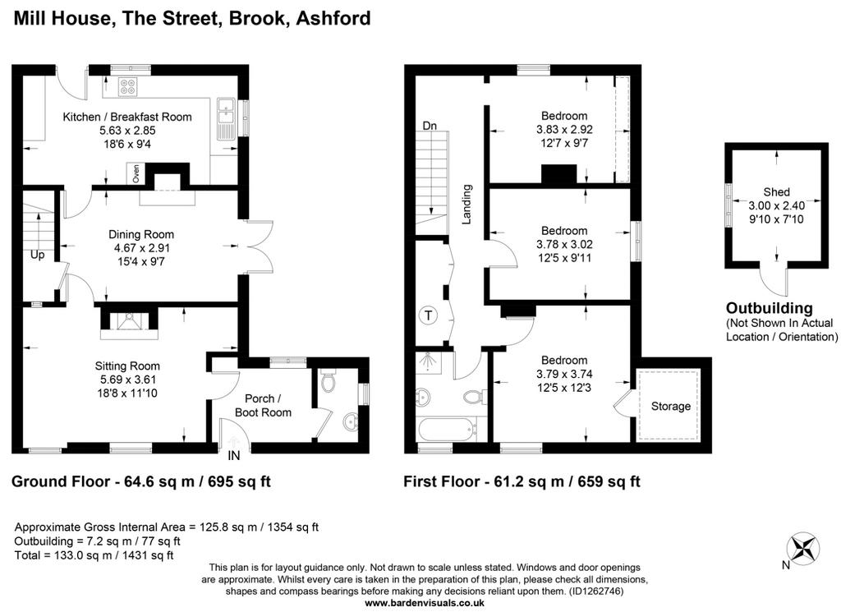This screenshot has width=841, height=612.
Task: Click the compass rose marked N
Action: click(803, 549)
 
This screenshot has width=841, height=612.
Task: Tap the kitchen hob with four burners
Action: click(128, 86)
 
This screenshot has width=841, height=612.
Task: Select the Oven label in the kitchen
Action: click(136, 174)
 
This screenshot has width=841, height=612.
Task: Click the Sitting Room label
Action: click(127, 366)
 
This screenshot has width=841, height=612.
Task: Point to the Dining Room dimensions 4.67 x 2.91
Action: click(141, 248)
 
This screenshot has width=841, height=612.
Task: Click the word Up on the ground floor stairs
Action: click(37, 255)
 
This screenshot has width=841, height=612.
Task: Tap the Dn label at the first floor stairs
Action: click(429, 126)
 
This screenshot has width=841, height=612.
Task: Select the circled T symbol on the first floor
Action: click(428, 315)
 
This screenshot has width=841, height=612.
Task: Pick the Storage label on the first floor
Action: click(670, 407)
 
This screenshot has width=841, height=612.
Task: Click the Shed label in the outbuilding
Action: click(776, 192)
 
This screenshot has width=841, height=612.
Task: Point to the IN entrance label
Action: click(234, 456)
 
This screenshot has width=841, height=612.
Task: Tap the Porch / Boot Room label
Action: click(263, 406)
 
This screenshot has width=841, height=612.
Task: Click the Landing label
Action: click(466, 204)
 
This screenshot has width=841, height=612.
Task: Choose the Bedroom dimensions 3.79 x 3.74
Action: click(564, 374)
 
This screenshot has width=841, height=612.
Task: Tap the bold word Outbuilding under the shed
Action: click(769, 308)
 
